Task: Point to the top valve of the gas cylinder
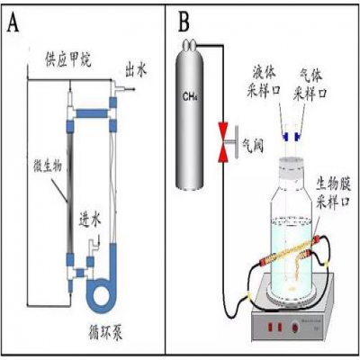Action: [189, 44]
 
